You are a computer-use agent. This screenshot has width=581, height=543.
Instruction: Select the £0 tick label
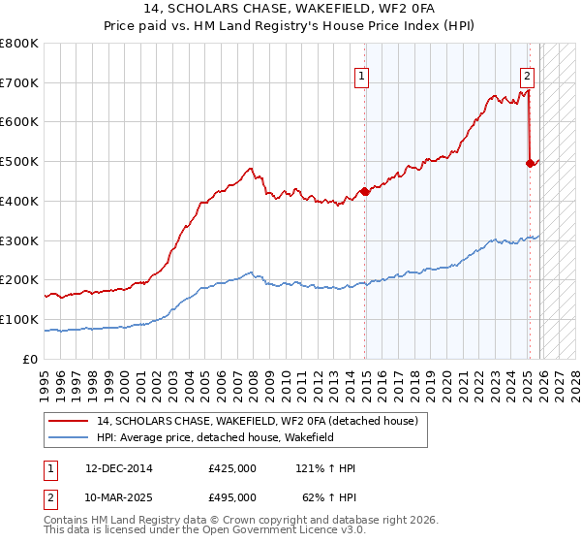pyautogui.click(x=31, y=359)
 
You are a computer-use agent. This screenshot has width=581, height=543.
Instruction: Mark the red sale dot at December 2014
pyautogui.click(x=365, y=191)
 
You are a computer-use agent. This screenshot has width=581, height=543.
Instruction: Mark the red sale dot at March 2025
pyautogui.click(x=530, y=164)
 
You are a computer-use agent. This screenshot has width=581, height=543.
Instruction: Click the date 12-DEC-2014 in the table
pyautogui.click(x=119, y=468)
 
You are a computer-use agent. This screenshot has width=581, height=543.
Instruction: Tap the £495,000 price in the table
pyautogui.click(x=232, y=496)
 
